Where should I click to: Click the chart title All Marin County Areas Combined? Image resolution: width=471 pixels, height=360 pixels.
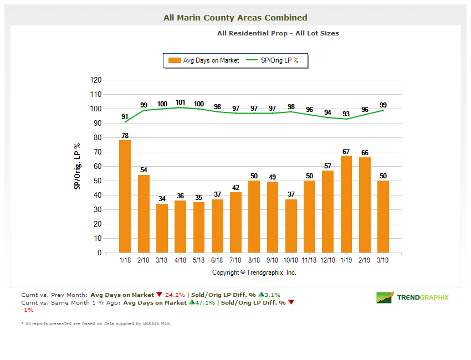(x=235, y=18)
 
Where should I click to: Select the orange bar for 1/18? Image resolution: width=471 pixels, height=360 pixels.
(x=125, y=197)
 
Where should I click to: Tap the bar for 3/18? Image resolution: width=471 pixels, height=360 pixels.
(x=162, y=228)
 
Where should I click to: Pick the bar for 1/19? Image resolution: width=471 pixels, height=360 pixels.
(x=346, y=204)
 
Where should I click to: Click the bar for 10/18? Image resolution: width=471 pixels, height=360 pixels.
(x=291, y=226)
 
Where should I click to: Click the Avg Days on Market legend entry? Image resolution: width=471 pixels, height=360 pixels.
(x=204, y=60)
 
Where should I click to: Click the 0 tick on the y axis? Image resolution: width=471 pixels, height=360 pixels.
(x=99, y=253)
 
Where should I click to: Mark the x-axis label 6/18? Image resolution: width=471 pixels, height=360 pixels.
(x=217, y=259)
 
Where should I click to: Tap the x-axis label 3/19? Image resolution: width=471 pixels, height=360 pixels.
(x=383, y=259)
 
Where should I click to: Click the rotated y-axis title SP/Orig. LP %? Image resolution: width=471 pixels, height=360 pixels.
(x=78, y=166)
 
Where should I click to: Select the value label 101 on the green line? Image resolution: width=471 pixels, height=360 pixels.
(x=180, y=102)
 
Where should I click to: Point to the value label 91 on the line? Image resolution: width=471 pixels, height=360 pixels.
(x=125, y=116)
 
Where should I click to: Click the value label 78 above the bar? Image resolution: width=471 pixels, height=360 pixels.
(x=125, y=135)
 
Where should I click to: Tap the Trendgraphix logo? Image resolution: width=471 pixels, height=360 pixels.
(x=412, y=297)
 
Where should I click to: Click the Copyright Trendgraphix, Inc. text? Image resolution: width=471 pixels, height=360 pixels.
(x=254, y=272)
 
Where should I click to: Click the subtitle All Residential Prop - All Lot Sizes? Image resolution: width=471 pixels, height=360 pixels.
(x=278, y=33)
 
